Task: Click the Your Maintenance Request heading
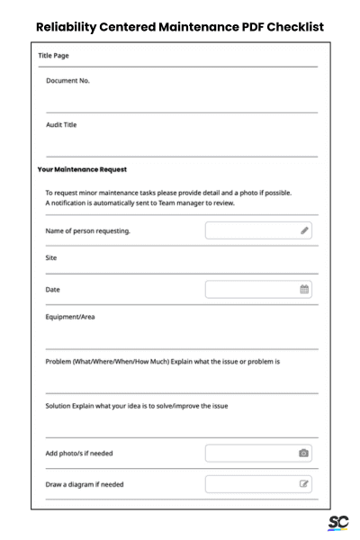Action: click(x=82, y=169)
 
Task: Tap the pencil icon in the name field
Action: click(x=305, y=231)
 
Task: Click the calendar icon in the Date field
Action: click(x=305, y=290)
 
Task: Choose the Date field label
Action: click(x=53, y=290)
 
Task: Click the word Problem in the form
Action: click(x=63, y=362)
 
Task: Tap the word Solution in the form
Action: click(x=63, y=406)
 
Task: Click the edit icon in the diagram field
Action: click(x=305, y=484)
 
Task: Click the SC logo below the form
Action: click(x=338, y=523)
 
